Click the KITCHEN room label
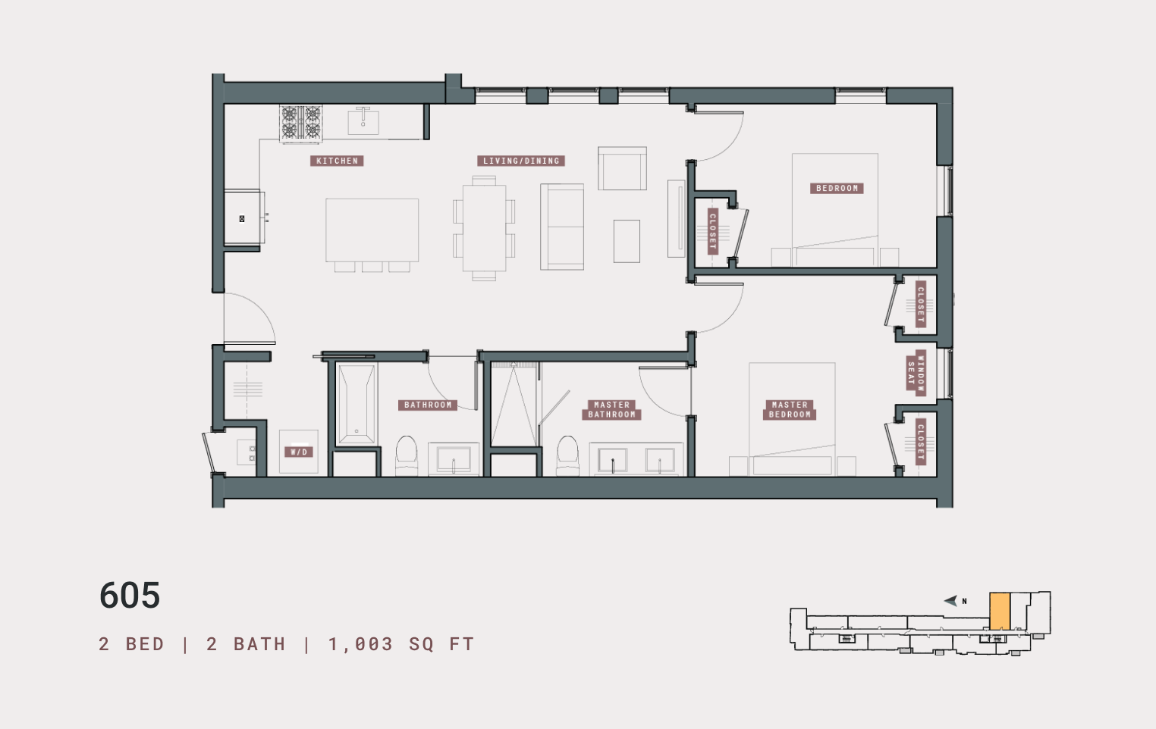click(337, 161)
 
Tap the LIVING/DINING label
click(521, 161)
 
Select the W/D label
click(299, 452)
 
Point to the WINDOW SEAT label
click(916, 373)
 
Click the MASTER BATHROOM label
click(611, 410)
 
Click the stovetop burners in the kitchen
click(301, 123)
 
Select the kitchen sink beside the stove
click(363, 120)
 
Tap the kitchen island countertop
click(372, 230)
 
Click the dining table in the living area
click(484, 228)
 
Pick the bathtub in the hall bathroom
click(356, 404)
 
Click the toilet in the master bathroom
click(567, 455)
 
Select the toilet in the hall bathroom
click(407, 455)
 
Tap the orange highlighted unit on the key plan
click(1000, 611)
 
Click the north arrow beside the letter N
click(950, 601)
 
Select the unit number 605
click(130, 596)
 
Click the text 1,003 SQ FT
click(401, 644)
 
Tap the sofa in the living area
click(562, 227)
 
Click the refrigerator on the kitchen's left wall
click(243, 218)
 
